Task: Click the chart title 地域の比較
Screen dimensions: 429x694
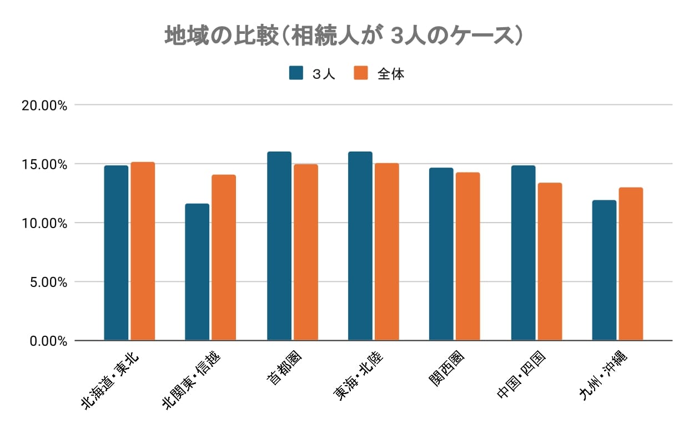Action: (344, 36)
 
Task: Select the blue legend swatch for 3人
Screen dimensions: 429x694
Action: (296, 73)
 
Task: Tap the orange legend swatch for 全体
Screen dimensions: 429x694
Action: (361, 73)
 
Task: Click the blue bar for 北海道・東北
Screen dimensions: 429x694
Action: (116, 253)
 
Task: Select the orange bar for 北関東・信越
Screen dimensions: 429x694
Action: (224, 258)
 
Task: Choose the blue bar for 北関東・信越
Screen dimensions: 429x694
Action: (197, 272)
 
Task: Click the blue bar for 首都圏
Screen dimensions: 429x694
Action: (279, 246)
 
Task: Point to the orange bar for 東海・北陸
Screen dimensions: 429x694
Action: (386, 251)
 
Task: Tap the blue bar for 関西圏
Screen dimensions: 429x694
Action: (441, 254)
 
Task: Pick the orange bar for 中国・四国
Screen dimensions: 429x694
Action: (550, 261)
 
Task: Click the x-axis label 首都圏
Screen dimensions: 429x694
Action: (280, 369)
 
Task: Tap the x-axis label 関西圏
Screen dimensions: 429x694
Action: (442, 369)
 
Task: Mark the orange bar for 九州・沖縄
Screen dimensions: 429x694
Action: (631, 264)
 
